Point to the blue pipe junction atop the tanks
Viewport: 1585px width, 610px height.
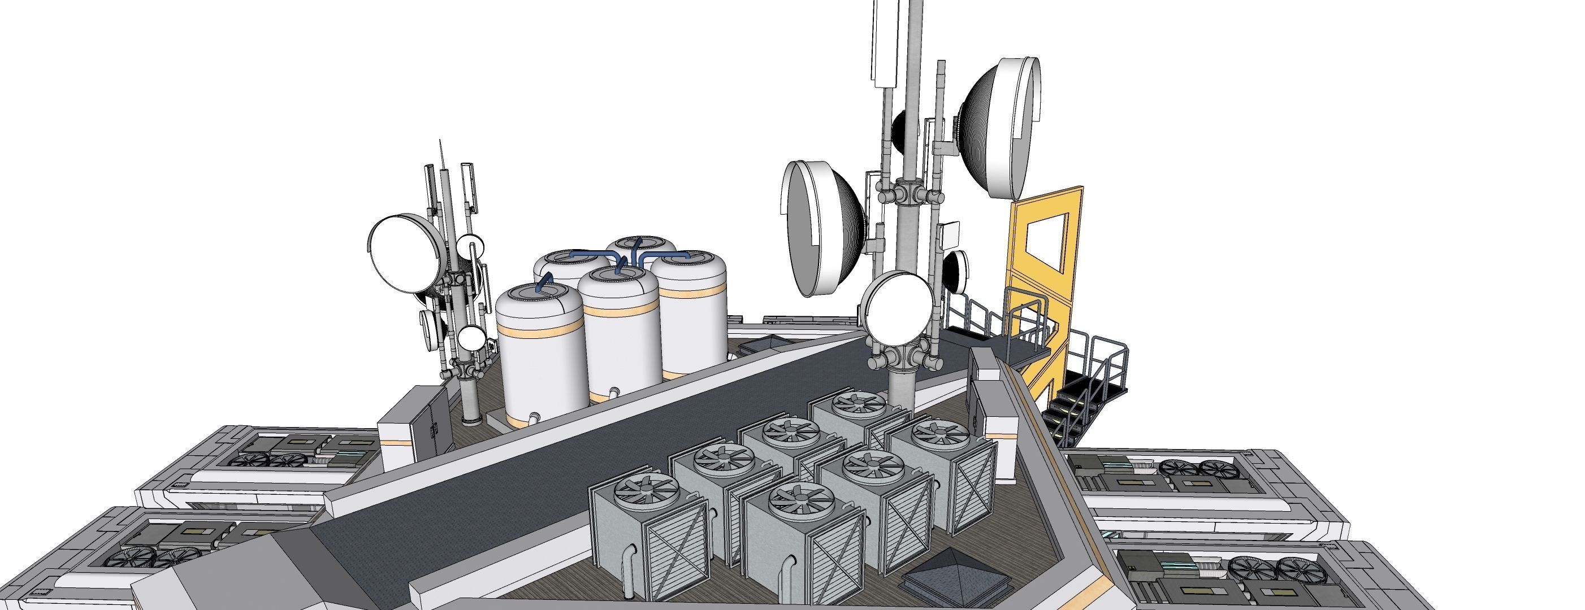[x=635, y=252]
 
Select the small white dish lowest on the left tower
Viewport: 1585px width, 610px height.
[x=472, y=338]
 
